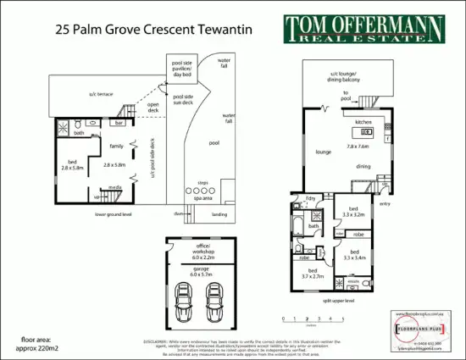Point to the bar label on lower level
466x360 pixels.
(119, 124)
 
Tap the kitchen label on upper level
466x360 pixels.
(363, 122)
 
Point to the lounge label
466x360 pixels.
(323, 153)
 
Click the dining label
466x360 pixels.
(363, 167)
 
